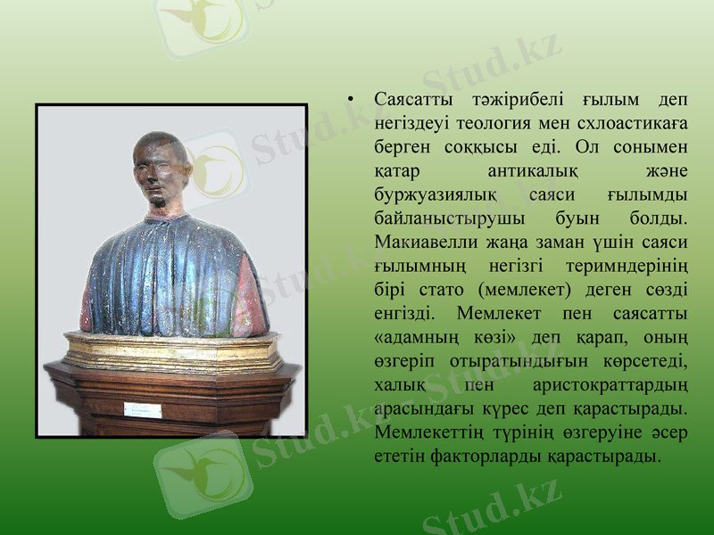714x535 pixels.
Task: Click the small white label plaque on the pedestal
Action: pos(143,411)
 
